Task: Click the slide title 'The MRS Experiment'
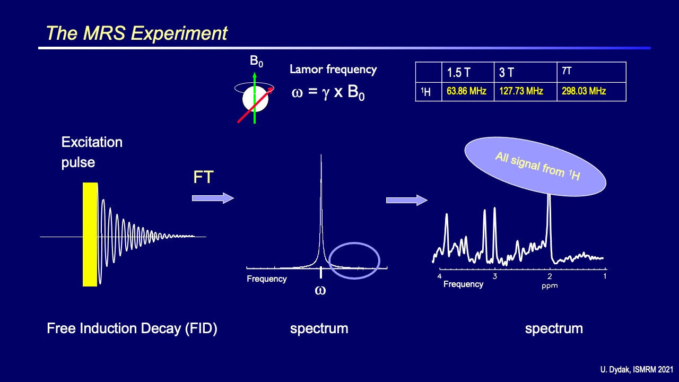(137, 33)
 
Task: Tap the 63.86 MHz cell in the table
(466, 91)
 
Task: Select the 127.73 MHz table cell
(521, 91)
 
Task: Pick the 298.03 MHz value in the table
(584, 91)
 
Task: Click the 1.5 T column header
(459, 73)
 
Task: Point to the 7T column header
(567, 71)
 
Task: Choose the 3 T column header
(507, 73)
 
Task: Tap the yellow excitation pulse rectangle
(90, 234)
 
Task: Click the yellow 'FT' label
(203, 177)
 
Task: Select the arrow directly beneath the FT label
(213, 198)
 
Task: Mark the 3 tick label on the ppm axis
(494, 276)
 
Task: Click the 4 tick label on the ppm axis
(439, 276)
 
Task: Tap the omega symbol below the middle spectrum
(320, 290)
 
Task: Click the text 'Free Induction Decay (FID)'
(132, 328)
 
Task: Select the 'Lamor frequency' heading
(333, 69)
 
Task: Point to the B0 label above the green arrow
(256, 62)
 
